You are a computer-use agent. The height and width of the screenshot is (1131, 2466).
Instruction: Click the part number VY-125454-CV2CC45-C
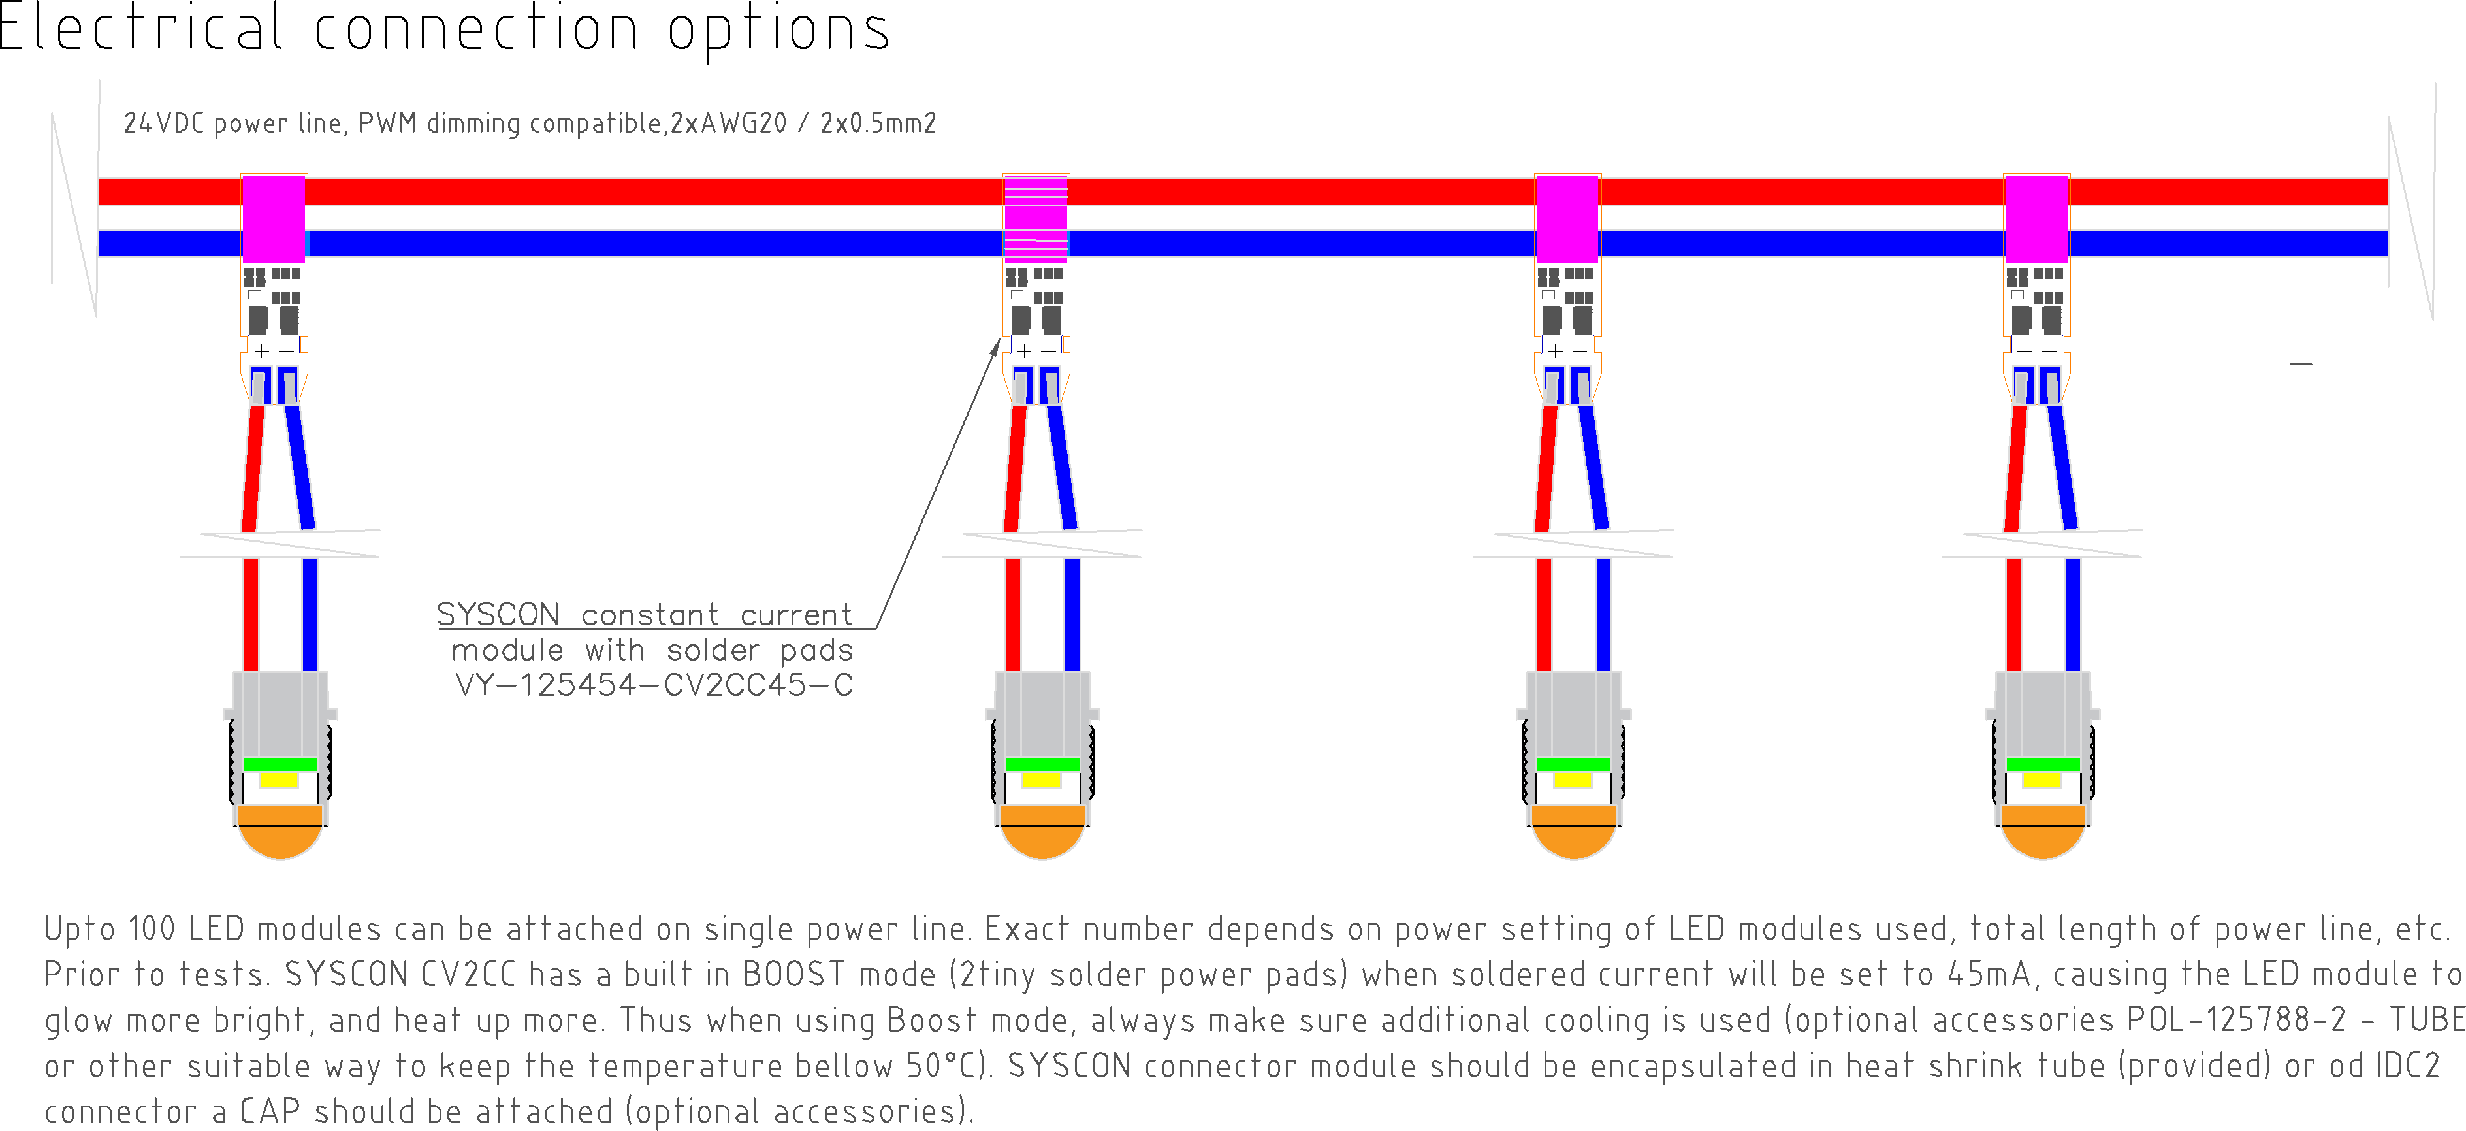point(654,685)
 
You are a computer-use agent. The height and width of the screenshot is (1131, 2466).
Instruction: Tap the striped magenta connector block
point(1036,218)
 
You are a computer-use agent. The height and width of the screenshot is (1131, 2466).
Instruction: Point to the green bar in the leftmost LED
point(280,764)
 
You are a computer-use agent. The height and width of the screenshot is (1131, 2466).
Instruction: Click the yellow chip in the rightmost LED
point(2042,781)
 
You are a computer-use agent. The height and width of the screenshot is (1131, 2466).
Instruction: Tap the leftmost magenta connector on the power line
point(274,218)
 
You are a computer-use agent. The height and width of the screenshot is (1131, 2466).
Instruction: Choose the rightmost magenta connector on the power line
point(2036,218)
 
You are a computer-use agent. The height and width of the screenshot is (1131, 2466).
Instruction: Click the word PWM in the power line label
point(387,123)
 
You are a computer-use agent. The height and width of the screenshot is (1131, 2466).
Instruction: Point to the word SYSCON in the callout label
point(498,615)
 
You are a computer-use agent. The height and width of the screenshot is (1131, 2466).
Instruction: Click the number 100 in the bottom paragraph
point(152,929)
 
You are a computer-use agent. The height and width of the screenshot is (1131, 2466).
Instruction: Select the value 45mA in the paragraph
point(1989,975)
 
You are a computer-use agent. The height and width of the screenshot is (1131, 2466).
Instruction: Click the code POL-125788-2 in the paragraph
point(2236,1020)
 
